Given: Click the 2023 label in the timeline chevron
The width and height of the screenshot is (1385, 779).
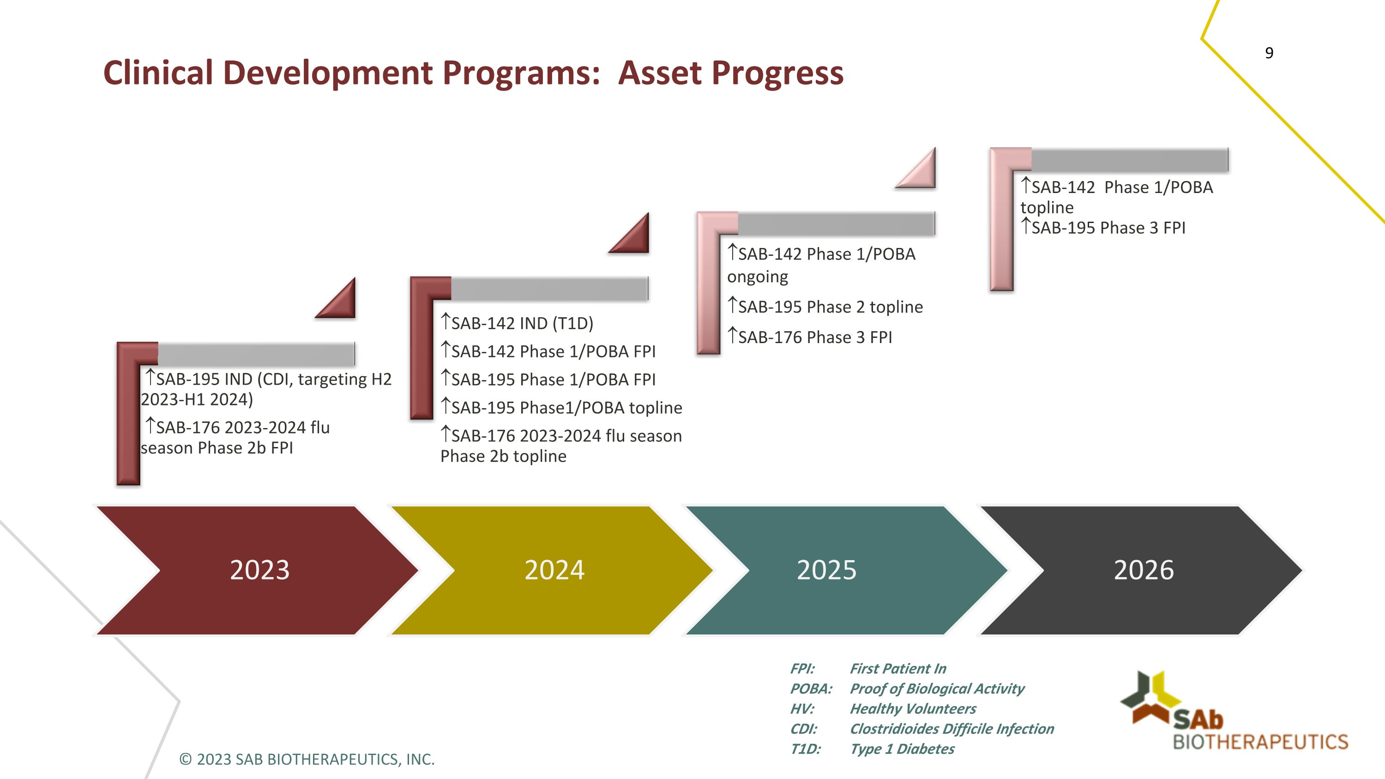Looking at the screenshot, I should (259, 570).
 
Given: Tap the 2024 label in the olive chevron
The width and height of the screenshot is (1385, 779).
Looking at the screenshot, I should (554, 570).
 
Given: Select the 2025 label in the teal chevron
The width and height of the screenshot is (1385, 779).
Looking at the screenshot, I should (826, 570).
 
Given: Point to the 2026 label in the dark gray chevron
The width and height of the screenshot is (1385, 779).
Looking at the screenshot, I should (1144, 570).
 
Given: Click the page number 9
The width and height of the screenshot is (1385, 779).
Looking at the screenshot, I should (1269, 53).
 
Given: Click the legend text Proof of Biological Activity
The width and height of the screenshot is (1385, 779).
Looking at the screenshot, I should (937, 688).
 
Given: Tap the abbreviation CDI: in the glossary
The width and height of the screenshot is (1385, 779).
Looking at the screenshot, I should (803, 729).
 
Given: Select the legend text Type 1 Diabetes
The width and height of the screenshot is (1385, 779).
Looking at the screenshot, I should (902, 749).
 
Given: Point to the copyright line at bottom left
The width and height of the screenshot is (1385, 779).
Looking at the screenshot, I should (307, 759).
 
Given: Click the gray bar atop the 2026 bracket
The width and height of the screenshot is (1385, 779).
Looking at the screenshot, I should (1129, 160).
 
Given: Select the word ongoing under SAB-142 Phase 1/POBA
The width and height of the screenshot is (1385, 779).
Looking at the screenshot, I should (757, 278).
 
